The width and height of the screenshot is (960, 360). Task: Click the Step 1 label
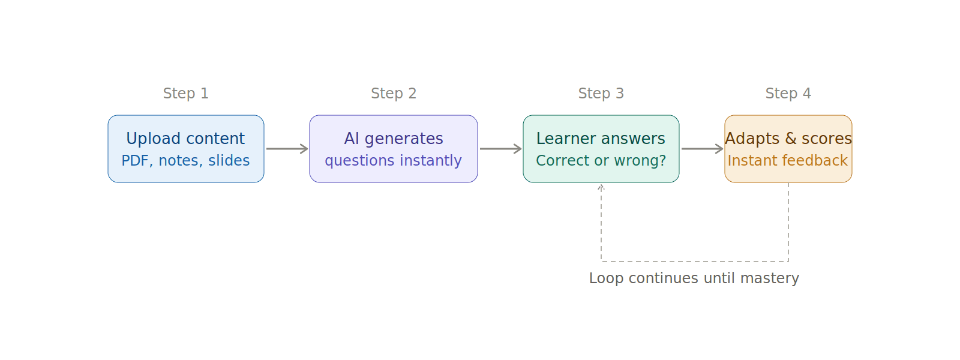(x=185, y=94)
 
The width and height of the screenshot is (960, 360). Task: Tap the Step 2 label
(x=393, y=94)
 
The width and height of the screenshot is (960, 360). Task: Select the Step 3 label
(x=601, y=94)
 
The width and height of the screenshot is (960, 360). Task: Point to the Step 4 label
(x=788, y=94)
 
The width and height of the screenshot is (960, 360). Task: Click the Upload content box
(x=185, y=149)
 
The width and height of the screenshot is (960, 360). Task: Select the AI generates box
(x=393, y=149)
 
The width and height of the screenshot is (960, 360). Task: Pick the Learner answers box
(x=601, y=149)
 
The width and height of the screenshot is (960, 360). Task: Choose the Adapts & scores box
(x=788, y=149)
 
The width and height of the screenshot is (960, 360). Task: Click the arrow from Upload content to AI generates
(x=287, y=149)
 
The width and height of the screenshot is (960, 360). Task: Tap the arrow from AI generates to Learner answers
(x=500, y=149)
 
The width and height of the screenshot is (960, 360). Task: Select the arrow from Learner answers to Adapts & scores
(x=702, y=149)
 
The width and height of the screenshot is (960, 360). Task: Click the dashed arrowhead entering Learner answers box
(x=601, y=187)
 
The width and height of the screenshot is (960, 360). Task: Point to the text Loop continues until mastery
(x=694, y=278)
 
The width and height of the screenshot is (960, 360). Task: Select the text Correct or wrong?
(x=601, y=161)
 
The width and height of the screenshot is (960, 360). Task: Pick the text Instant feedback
(x=787, y=161)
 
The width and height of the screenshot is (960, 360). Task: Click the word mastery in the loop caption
(x=770, y=278)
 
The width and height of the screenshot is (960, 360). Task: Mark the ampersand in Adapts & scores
(x=790, y=139)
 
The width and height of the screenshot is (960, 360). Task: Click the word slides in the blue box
(x=229, y=161)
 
